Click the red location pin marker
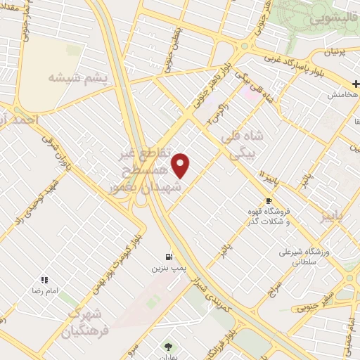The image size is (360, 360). click(181, 165)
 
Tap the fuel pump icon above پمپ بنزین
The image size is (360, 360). click(169, 257)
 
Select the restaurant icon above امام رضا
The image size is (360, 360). click(44, 280)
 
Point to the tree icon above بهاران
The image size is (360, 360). click(167, 345)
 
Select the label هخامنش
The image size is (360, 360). click(344, 94)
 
